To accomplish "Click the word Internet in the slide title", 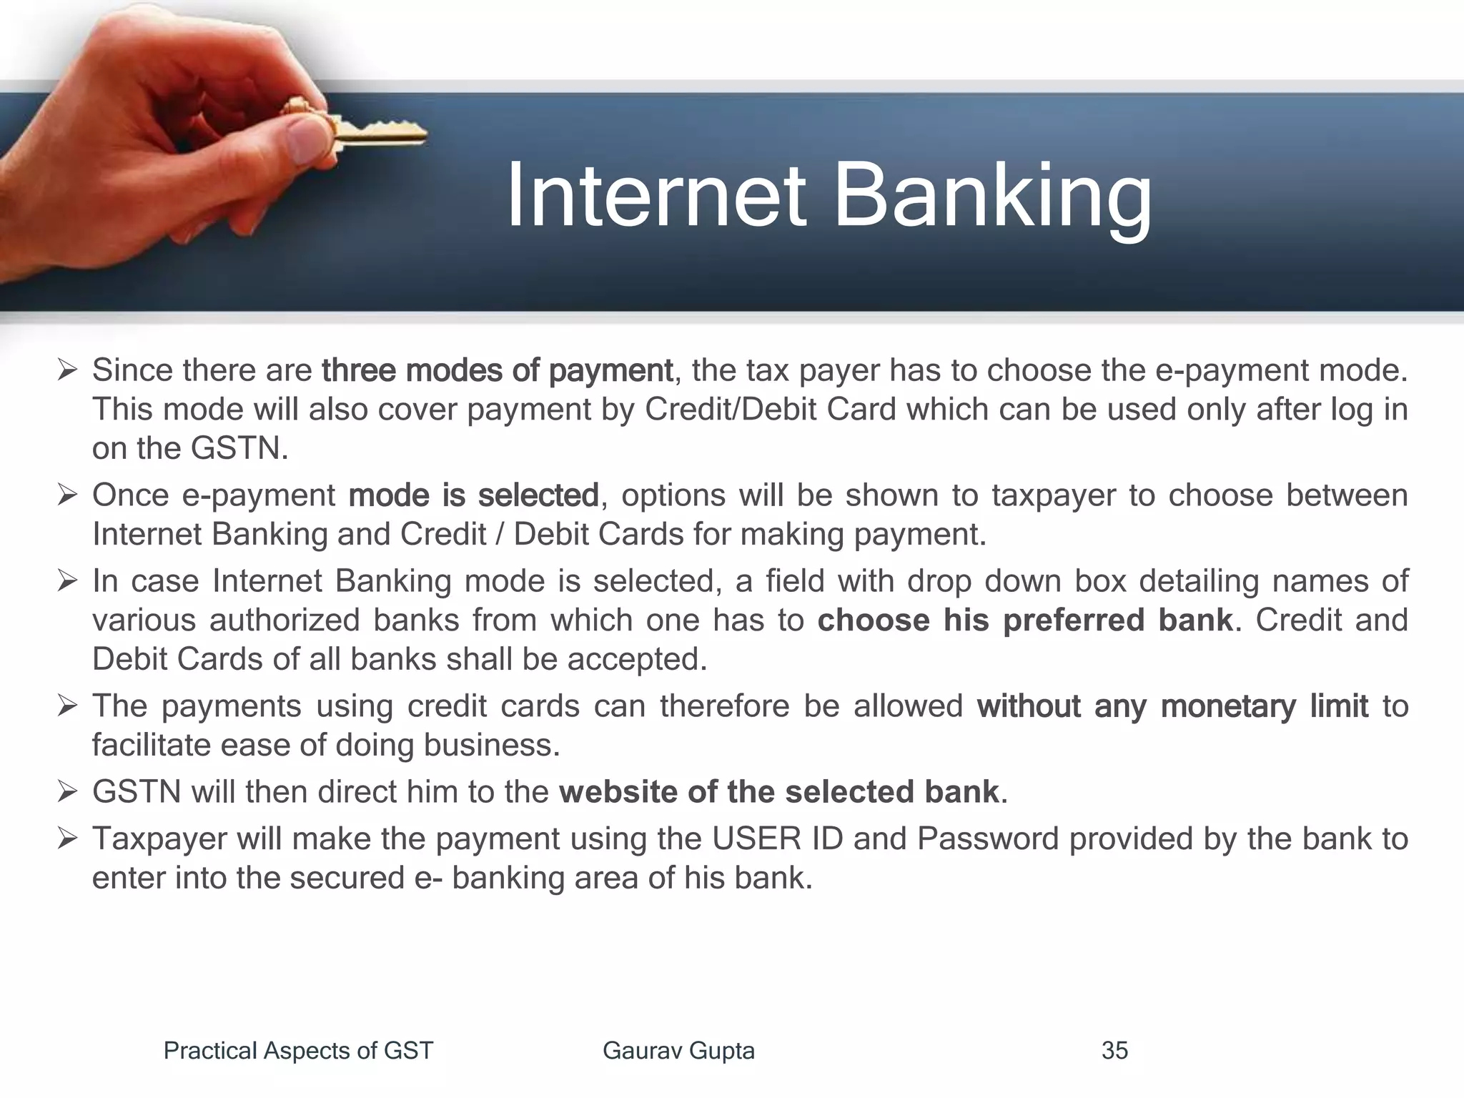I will (656, 196).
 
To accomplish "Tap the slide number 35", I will (1114, 1050).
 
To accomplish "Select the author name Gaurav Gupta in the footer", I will (678, 1050).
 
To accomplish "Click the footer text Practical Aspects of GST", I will (298, 1050).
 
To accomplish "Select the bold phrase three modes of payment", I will (497, 370).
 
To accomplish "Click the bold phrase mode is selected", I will (473, 495).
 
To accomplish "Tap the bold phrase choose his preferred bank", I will (1025, 620).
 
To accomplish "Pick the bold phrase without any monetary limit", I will (1172, 706).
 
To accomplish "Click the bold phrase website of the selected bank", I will (778, 792).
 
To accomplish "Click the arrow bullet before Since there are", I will (67, 370).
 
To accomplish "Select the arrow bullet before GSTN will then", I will (67, 792).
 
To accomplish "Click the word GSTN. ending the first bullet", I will (239, 449).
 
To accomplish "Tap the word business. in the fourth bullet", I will (492, 746).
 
